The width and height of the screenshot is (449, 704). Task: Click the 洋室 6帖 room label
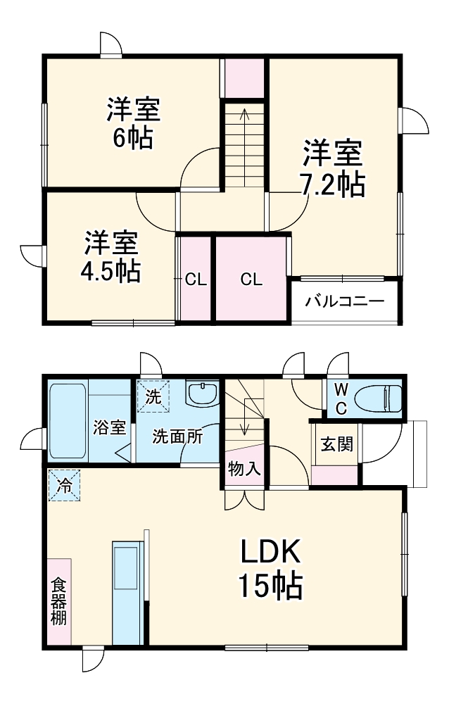tap(133, 123)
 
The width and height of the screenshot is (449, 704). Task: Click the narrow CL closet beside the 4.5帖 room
tap(195, 279)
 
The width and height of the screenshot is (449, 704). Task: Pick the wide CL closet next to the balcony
tap(251, 279)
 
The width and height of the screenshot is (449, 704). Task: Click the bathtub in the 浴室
tap(68, 420)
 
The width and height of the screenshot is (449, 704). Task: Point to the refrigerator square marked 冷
tap(64, 484)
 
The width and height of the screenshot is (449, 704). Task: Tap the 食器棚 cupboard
tap(58, 602)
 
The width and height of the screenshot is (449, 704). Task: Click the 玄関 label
tap(336, 445)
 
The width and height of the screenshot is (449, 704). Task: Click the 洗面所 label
tap(178, 436)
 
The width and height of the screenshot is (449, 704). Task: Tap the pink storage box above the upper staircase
tap(244, 78)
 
